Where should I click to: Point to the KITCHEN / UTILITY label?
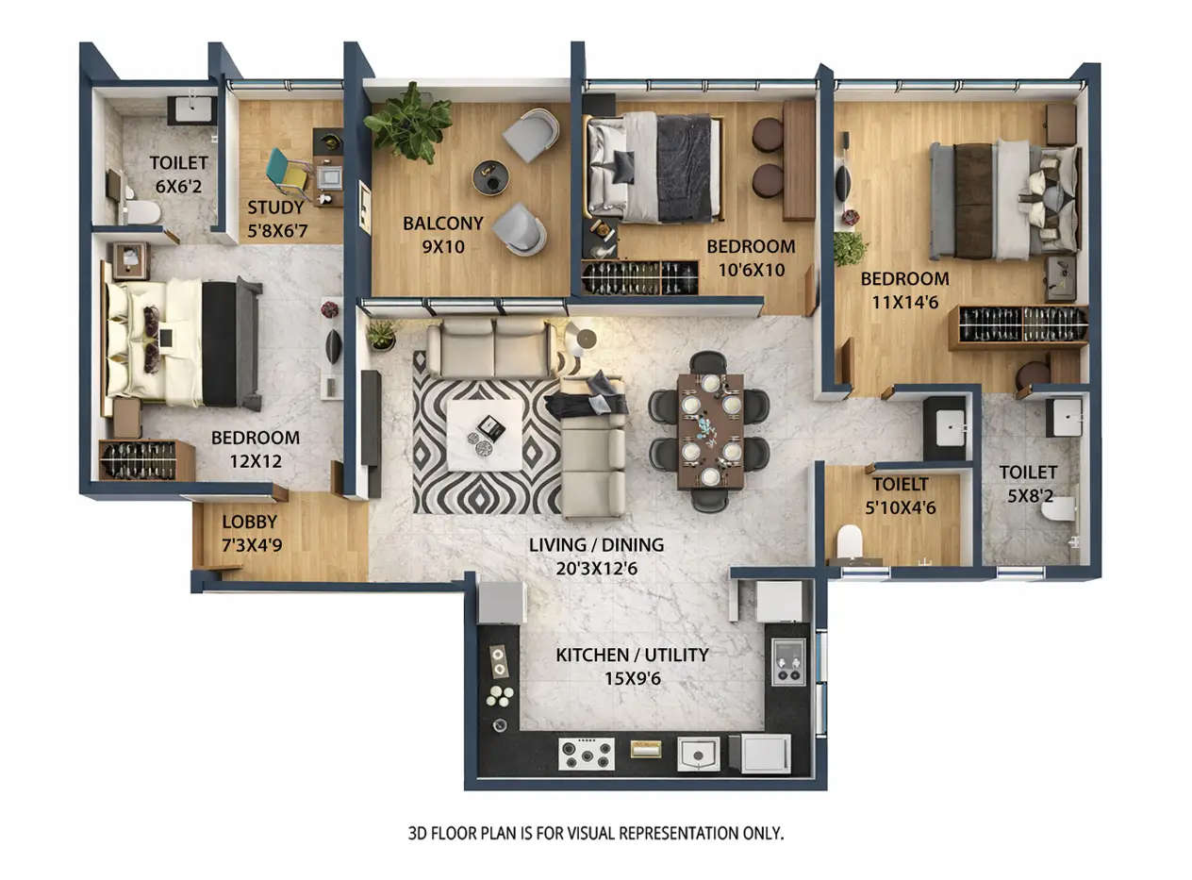click(x=632, y=665)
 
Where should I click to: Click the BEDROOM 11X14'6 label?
click(x=904, y=289)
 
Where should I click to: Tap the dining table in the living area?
click(x=709, y=431)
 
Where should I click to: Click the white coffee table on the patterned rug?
click(x=485, y=435)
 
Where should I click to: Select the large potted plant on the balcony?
click(x=409, y=122)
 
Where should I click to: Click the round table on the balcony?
click(x=490, y=177)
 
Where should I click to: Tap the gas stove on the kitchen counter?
click(x=587, y=755)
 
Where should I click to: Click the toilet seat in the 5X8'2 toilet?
click(x=1058, y=509)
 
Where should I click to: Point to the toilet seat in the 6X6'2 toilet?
click(x=141, y=212)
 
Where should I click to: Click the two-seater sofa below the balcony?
click(x=488, y=348)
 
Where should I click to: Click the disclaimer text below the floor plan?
click(x=596, y=834)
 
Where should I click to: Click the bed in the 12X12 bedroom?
click(x=179, y=342)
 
